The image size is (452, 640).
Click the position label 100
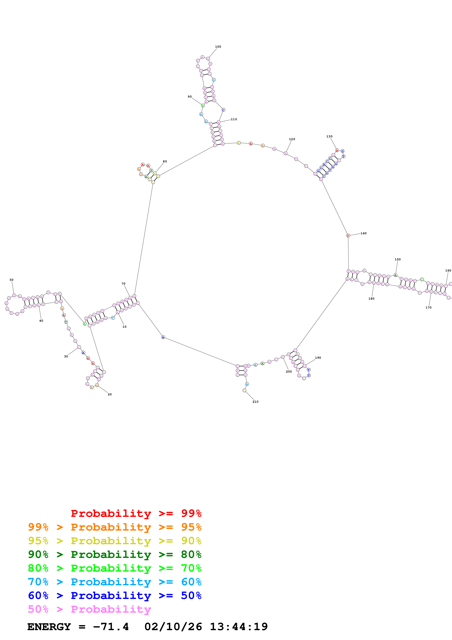(x=218, y=47)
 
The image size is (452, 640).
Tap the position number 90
(x=190, y=97)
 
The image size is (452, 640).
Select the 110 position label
(x=234, y=119)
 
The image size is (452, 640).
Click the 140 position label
(x=364, y=233)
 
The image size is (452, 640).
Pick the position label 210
(x=255, y=402)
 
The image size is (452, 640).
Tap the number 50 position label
(x=11, y=280)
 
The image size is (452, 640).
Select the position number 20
(x=110, y=394)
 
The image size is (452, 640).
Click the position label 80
(x=165, y=161)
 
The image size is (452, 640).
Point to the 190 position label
(x=318, y=358)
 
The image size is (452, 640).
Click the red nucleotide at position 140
(x=348, y=236)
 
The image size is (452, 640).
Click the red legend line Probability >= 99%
(x=136, y=513)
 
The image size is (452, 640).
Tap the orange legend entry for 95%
(x=115, y=527)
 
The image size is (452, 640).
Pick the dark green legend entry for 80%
(x=115, y=554)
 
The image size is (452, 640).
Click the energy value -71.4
(x=111, y=627)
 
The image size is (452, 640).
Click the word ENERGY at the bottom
(x=49, y=627)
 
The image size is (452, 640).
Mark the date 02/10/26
(x=173, y=627)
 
